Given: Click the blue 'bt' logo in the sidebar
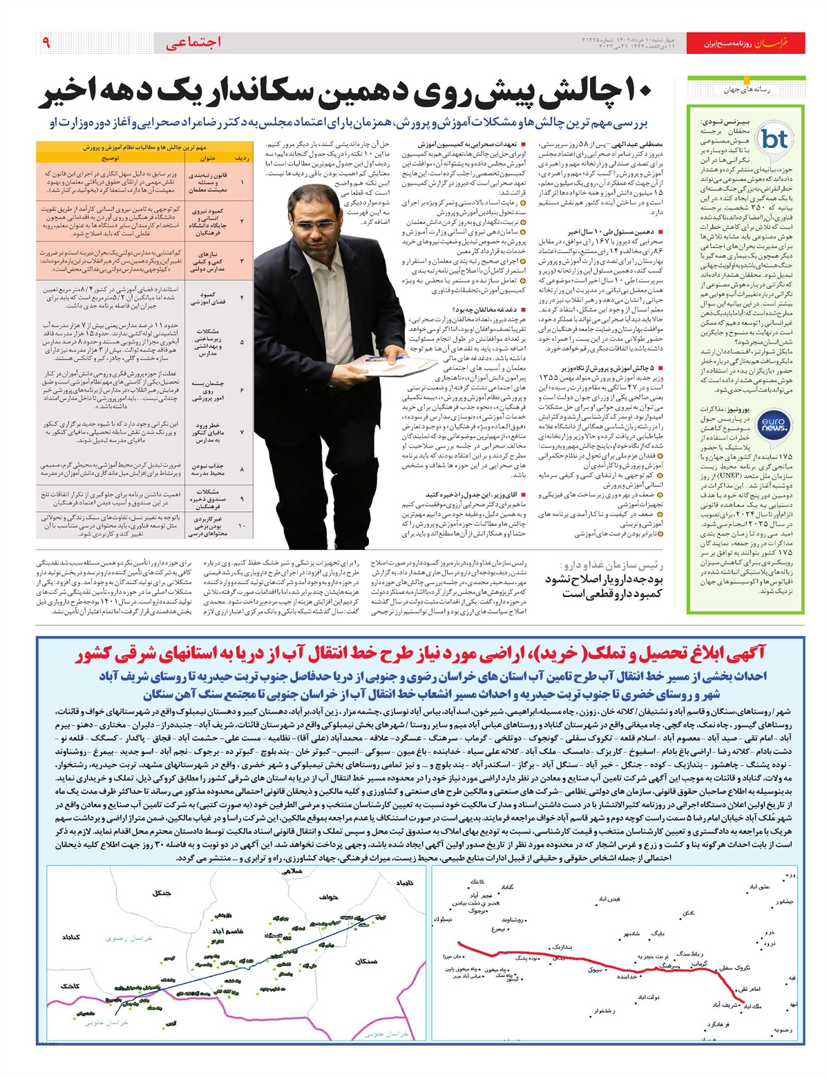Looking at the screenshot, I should point(774,139).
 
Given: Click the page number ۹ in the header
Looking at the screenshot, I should point(46,42).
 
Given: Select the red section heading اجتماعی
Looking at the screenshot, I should point(193,43).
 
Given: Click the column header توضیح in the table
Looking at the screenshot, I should point(111,158).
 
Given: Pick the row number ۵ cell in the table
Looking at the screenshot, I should point(242,342).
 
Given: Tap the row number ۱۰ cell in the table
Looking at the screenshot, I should point(242,525).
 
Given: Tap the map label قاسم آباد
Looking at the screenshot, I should point(227,931).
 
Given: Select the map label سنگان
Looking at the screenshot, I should point(365,961).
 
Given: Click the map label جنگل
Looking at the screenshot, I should point(162,893).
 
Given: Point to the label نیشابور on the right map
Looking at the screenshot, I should point(784,902).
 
